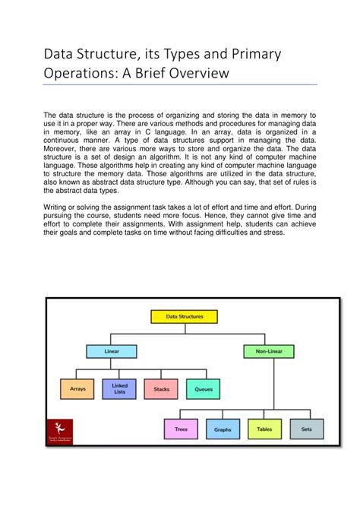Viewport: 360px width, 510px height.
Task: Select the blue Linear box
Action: pyautogui.click(x=112, y=351)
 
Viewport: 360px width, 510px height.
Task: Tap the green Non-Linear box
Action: pyautogui.click(x=265, y=351)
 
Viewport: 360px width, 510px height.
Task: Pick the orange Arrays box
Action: pyautogui.click(x=77, y=388)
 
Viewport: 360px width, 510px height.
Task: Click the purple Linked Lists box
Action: pyautogui.click(x=119, y=388)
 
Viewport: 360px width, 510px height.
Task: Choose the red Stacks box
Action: pyautogui.click(x=161, y=388)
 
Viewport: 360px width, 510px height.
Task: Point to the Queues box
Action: pyautogui.click(x=203, y=388)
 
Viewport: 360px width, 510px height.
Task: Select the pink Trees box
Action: pyautogui.click(x=181, y=429)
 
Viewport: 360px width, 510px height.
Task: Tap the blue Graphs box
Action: pyautogui.click(x=223, y=429)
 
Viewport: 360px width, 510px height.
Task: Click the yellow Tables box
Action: pyautogui.click(x=264, y=429)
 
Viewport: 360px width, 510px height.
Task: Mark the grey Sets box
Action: pyautogui.click(x=306, y=429)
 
